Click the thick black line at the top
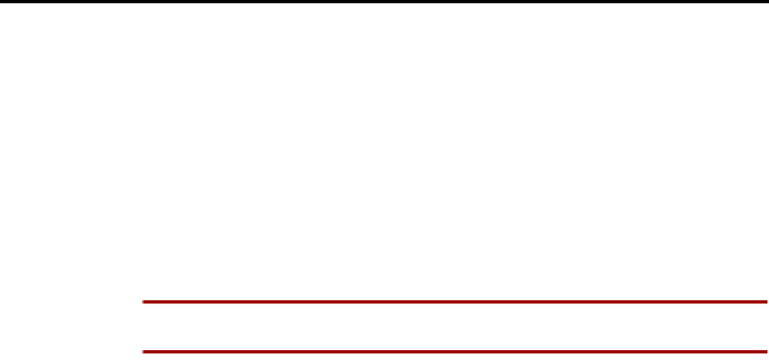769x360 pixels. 384,2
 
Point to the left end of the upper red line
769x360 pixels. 143,302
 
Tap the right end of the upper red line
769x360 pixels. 767,302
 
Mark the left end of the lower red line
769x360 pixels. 143,353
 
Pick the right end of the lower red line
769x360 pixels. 767,353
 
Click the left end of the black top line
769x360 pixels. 2,2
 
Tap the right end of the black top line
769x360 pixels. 767,2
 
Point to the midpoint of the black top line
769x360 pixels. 384,2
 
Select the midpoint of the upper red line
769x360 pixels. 455,302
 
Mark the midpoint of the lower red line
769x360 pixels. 455,353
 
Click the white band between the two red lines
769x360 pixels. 455,327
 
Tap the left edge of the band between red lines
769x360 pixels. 146,327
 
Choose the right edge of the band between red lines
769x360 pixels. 765,327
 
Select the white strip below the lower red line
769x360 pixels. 455,358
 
